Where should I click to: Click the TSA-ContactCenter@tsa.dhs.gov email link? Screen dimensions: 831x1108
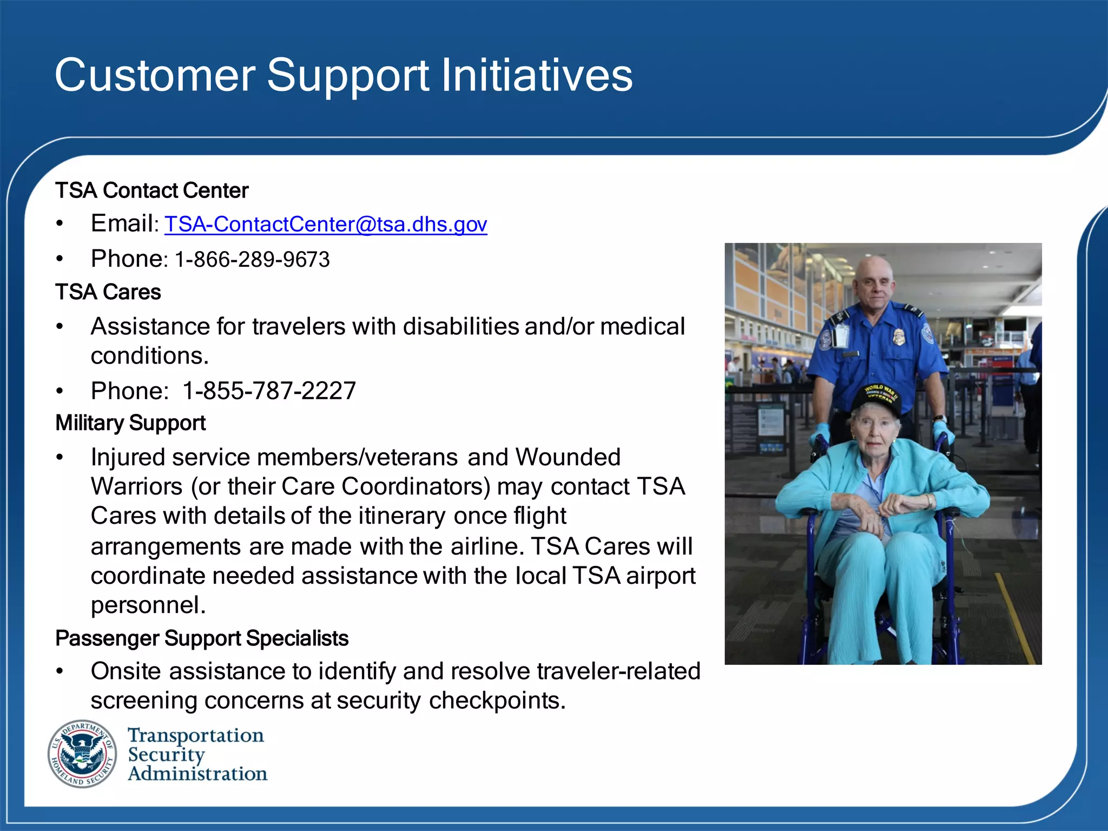point(326,225)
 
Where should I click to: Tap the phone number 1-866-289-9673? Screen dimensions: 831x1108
point(252,260)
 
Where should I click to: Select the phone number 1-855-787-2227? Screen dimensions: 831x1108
point(269,391)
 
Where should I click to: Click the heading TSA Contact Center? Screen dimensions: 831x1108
point(151,191)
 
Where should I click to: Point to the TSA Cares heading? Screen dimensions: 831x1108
point(108,292)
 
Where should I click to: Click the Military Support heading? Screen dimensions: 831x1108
point(130,423)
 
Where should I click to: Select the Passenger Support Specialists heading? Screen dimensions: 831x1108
point(202,638)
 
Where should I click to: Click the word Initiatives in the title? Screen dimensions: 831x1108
point(537,75)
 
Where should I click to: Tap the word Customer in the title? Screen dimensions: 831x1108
point(155,75)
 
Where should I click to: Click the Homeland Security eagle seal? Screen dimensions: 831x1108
point(82,754)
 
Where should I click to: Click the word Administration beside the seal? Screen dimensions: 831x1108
point(197,774)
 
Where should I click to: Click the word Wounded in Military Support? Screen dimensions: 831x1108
point(568,457)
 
